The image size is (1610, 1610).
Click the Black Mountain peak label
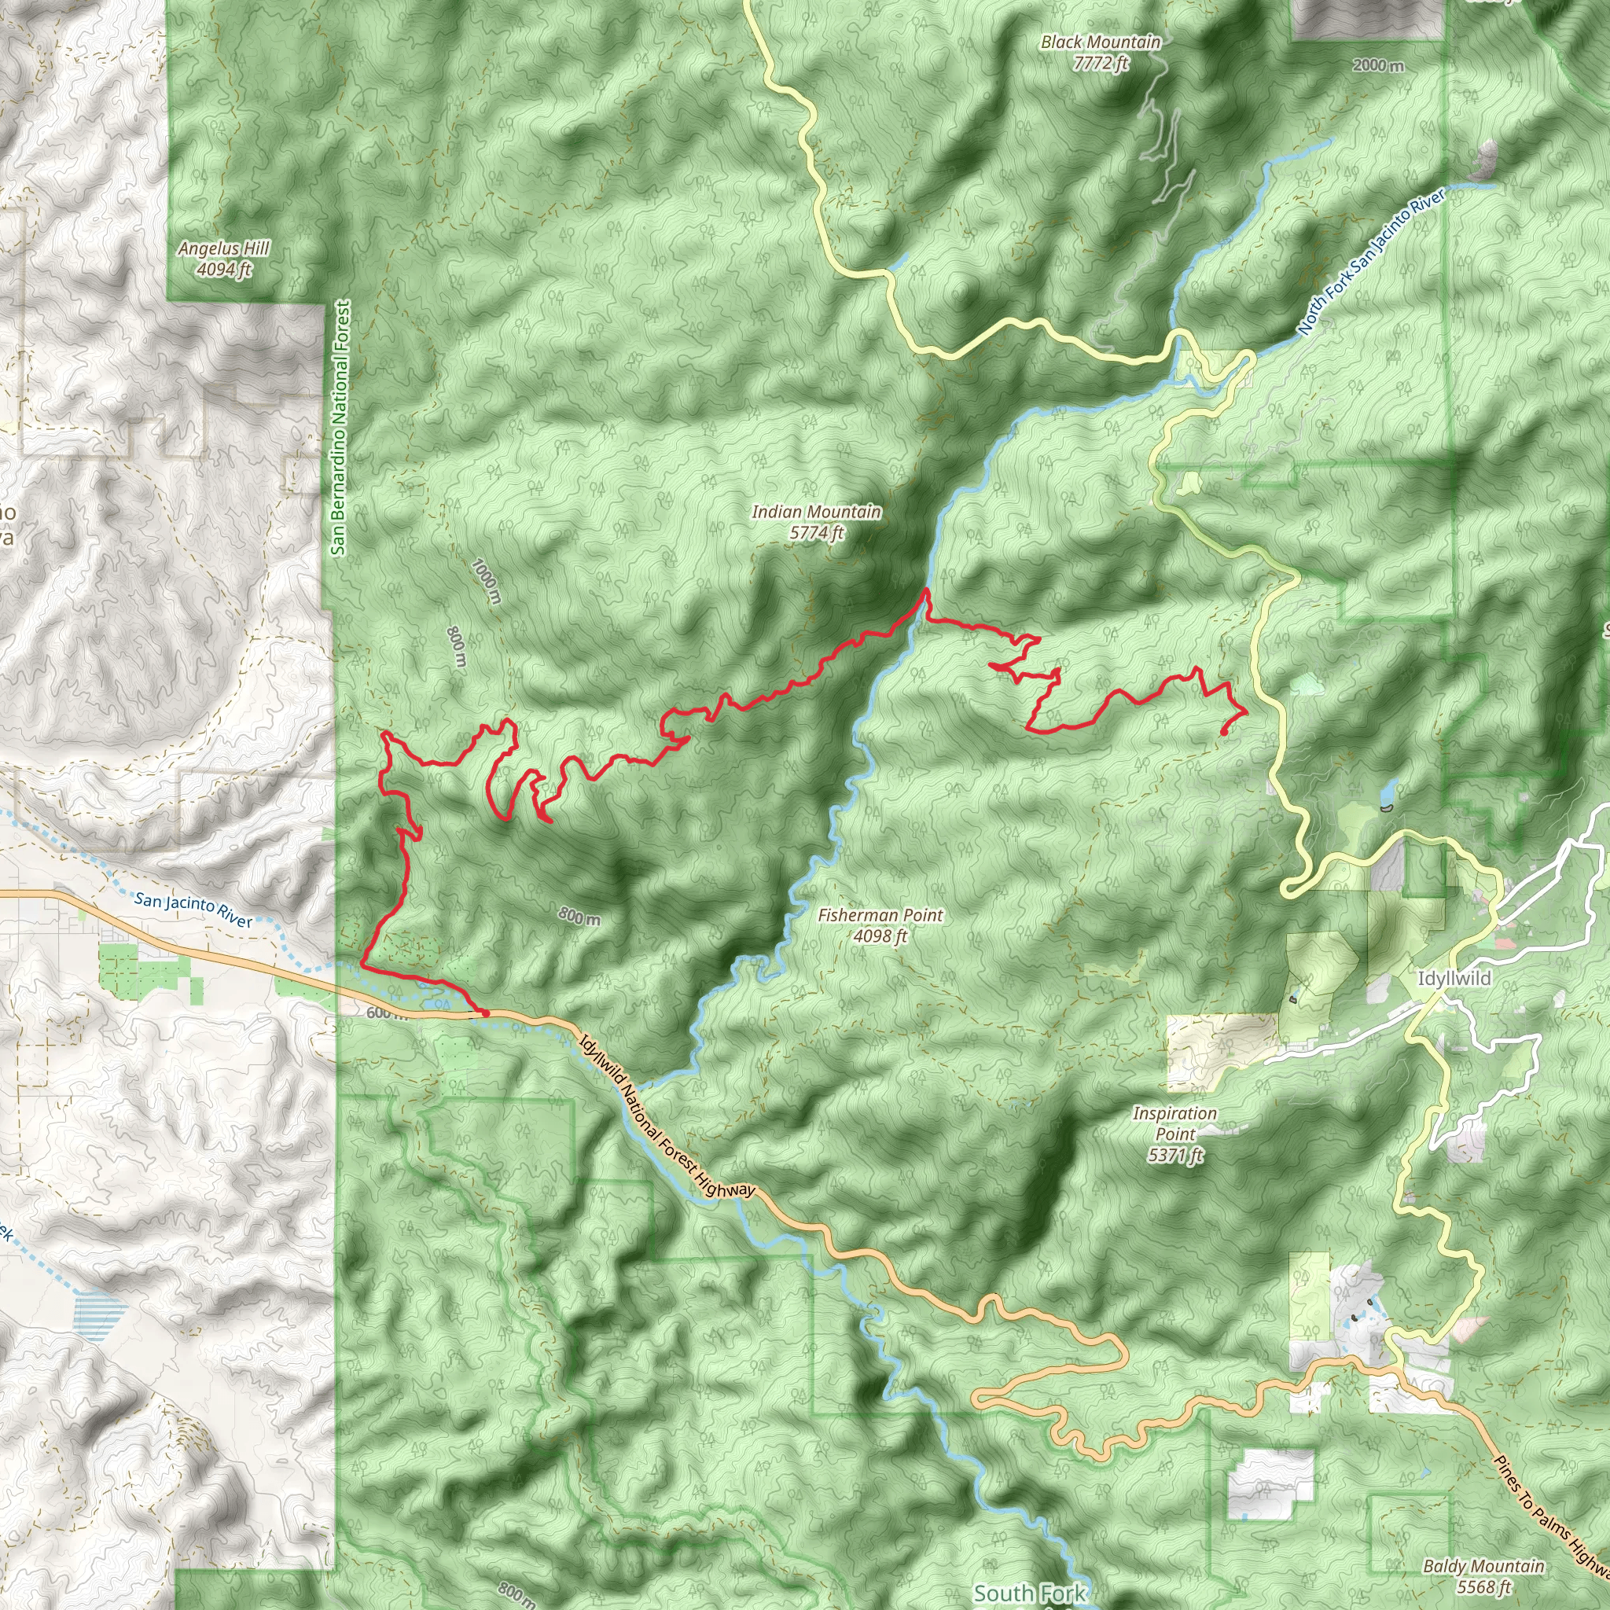coord(1100,42)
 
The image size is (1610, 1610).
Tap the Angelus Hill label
coord(223,248)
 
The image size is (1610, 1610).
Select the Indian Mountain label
coord(816,512)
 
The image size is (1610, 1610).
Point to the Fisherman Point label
coord(880,915)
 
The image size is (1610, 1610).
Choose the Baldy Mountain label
coord(1483,1566)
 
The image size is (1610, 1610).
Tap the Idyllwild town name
coord(1454,978)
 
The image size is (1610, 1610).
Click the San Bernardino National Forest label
coord(339,428)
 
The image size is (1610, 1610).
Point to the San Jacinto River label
coord(193,910)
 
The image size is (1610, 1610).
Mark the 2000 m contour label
coord(1378,65)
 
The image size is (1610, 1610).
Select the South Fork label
coord(1029,1593)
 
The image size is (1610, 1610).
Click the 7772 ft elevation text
coord(1100,64)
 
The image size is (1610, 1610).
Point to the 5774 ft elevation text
coord(816,533)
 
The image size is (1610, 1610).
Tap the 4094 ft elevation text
coord(223,269)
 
